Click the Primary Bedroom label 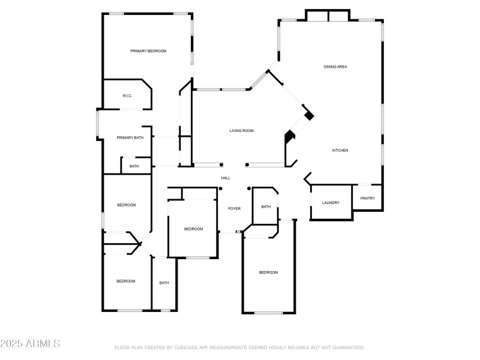(148, 51)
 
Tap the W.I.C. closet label (127, 96)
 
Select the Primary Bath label (130, 138)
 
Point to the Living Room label (242, 130)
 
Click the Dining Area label (335, 67)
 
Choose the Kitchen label (340, 151)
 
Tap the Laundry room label (331, 203)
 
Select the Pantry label (367, 199)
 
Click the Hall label (226, 178)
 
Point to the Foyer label (234, 209)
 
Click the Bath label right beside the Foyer (266, 207)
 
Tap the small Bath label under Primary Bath (134, 166)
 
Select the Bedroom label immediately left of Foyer (193, 229)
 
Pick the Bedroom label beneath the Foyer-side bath (268, 272)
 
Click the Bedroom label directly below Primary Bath (126, 205)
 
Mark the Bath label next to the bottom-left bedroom (164, 283)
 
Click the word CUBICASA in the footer (187, 347)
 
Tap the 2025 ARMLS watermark (30, 344)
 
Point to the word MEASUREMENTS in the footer (236, 347)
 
